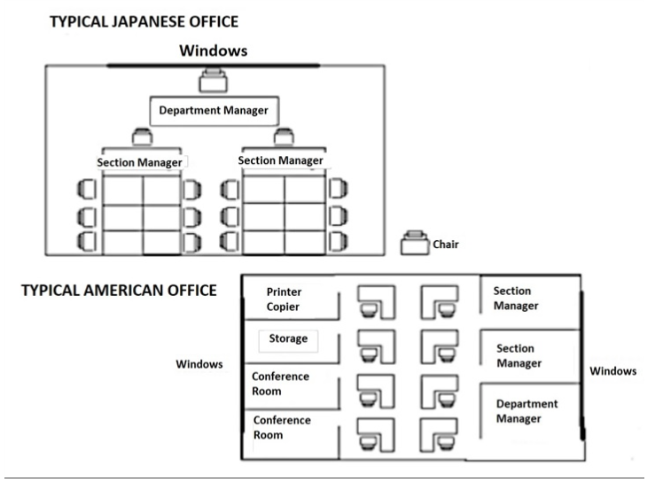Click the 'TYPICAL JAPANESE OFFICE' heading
144,22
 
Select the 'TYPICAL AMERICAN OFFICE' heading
119,291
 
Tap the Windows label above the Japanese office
214,51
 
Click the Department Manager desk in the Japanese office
214,111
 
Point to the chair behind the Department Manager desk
213,81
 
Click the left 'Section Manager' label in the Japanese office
139,162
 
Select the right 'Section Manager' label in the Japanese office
280,160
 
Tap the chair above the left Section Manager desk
142,137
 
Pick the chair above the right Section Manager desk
284,136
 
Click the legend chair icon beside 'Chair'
415,243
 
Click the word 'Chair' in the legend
446,245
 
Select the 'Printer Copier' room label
284,299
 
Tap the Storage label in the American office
288,338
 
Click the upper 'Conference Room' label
280,384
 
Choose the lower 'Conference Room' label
282,427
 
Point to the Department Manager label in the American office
526,411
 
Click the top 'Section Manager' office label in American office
516,299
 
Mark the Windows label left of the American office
199,364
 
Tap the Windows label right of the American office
612,371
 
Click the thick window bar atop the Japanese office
213,66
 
